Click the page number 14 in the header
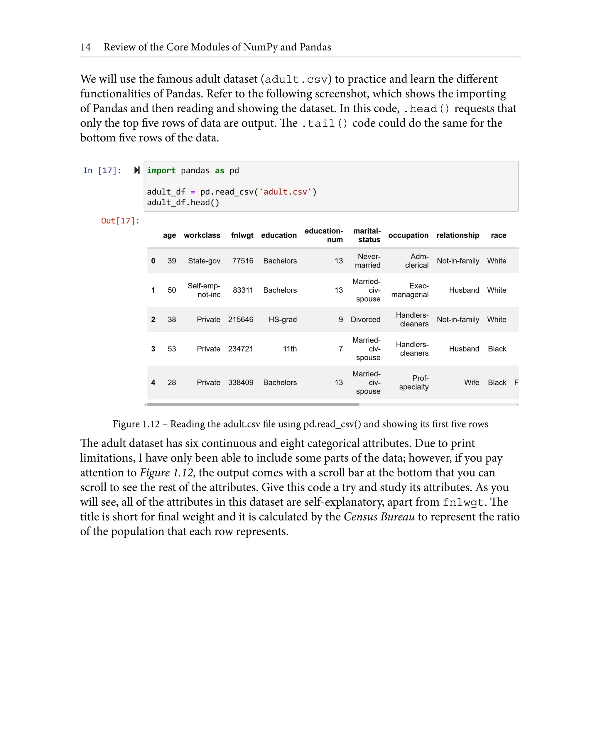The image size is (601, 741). [85, 47]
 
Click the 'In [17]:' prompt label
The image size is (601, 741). [102, 171]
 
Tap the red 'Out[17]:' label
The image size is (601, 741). [120, 221]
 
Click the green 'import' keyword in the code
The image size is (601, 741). [161, 171]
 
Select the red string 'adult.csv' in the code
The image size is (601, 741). [285, 192]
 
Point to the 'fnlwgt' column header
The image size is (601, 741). [242, 235]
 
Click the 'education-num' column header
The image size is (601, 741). [323, 235]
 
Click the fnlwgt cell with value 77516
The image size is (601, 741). [242, 261]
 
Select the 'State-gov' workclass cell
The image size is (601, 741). [204, 261]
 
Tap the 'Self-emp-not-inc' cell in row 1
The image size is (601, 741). [204, 290]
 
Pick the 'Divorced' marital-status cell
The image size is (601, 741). [365, 319]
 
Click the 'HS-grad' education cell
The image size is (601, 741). [283, 319]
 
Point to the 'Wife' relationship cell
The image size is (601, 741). [472, 383]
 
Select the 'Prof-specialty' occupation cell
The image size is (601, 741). [414, 383]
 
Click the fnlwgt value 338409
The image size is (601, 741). [241, 383]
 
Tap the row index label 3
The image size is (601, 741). [153, 349]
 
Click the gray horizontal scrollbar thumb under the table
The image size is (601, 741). [253, 404]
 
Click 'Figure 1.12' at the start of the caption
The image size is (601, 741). [136, 424]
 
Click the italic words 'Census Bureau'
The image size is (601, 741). [379, 517]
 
